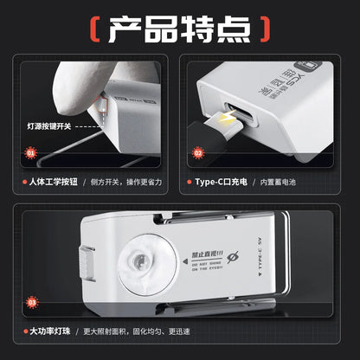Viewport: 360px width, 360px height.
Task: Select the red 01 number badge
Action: tap(31, 152)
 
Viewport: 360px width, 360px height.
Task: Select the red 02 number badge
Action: tap(198, 152)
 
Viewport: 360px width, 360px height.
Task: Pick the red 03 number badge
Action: tap(34, 302)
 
